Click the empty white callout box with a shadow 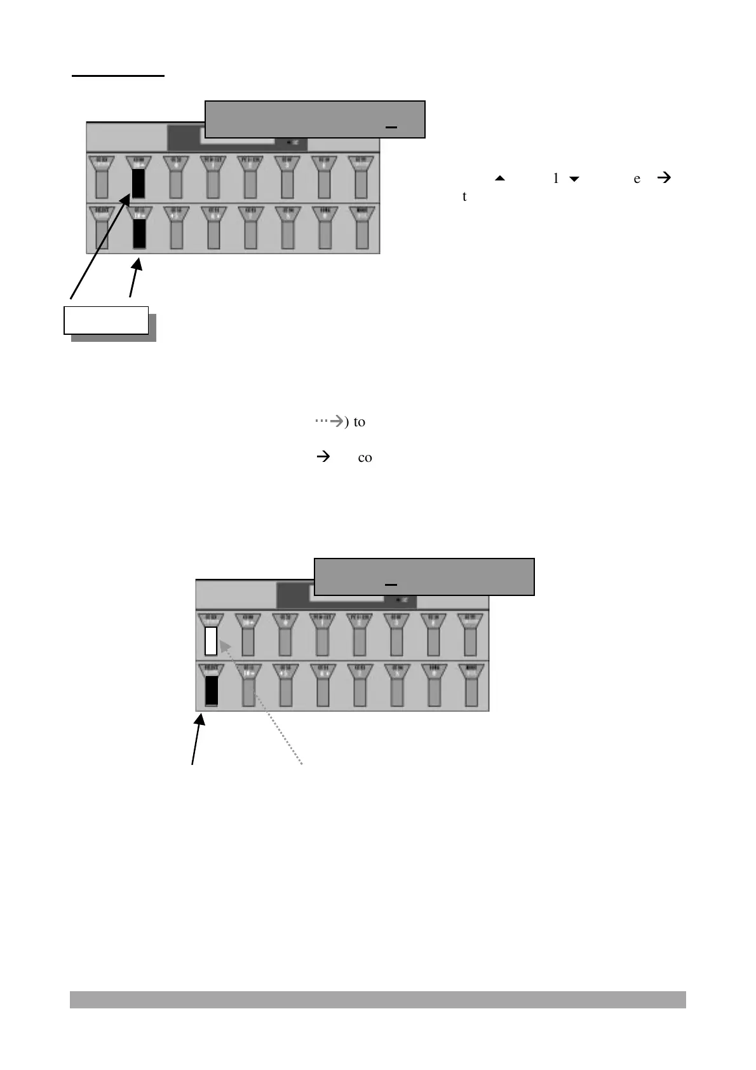(x=106, y=320)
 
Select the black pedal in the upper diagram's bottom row (x=138, y=233)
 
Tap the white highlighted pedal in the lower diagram (x=211, y=641)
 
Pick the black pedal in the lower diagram (x=212, y=691)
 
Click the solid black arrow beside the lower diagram (x=198, y=740)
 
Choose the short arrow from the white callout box (x=135, y=280)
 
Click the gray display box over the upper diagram (x=314, y=119)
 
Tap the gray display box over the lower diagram (x=424, y=577)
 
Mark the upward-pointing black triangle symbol (x=499, y=179)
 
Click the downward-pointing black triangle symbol (x=574, y=179)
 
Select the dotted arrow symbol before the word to (x=329, y=421)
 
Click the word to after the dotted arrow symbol (x=359, y=422)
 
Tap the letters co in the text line (x=365, y=457)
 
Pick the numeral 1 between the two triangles (x=556, y=179)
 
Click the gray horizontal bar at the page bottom (x=377, y=999)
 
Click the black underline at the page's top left (x=118, y=76)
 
